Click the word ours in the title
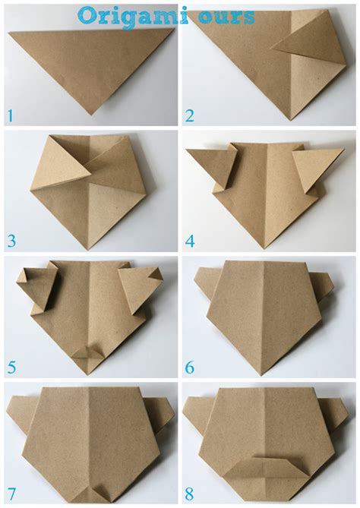[227, 17]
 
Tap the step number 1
[11, 116]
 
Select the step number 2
[189, 116]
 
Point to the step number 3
[11, 241]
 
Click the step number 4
[190, 241]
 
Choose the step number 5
[11, 368]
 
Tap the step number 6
[190, 368]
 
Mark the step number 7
[11, 494]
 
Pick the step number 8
[189, 494]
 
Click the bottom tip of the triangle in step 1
[92, 115]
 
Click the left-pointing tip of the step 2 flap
[272, 49]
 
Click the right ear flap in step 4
[315, 169]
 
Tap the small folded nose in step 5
[87, 352]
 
